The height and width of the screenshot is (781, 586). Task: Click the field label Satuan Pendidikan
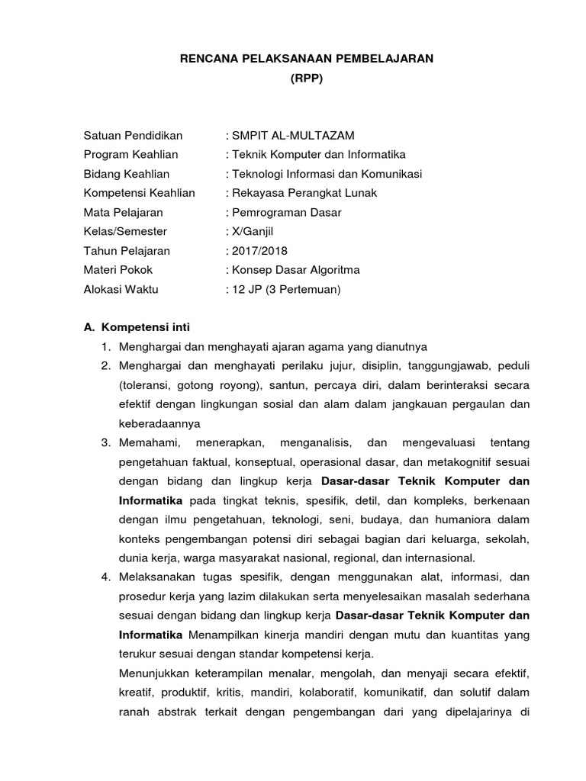click(133, 135)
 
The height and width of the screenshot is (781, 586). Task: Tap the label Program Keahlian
click(130, 154)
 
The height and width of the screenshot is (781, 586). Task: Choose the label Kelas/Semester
click(125, 231)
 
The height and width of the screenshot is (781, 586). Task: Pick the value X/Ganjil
click(250, 231)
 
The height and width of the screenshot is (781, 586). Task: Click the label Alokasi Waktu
click(121, 289)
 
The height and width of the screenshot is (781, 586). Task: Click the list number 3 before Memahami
click(106, 442)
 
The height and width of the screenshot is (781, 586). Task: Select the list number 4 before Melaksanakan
click(106, 577)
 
